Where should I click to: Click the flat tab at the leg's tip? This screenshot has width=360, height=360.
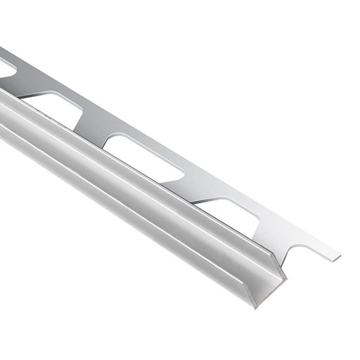329,254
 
